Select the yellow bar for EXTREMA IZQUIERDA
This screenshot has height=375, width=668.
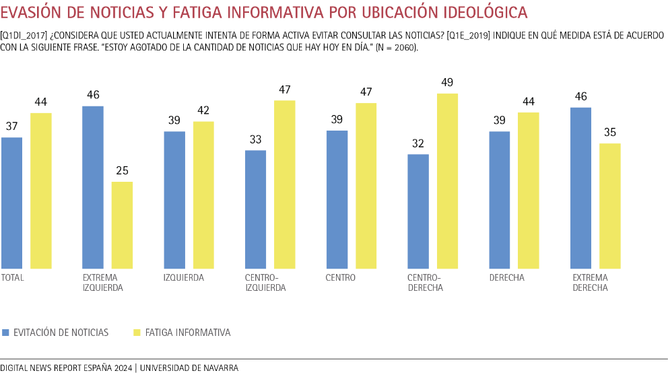(122, 226)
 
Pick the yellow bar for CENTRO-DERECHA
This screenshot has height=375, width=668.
(447, 181)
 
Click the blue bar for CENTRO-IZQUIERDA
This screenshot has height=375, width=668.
(255, 209)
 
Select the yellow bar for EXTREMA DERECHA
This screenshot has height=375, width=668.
(609, 206)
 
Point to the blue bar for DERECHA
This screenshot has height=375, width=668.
(499, 200)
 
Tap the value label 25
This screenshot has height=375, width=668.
(122, 171)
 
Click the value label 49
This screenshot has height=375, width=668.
(447, 82)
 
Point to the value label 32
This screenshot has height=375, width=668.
(418, 143)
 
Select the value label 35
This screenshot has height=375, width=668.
(609, 132)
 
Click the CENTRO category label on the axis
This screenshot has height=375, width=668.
(340, 277)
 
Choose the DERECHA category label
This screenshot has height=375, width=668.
(506, 277)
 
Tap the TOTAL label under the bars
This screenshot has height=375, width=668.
(12, 277)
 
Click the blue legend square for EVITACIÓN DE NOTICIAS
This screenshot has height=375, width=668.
(6, 333)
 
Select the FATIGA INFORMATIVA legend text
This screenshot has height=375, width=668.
(188, 333)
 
